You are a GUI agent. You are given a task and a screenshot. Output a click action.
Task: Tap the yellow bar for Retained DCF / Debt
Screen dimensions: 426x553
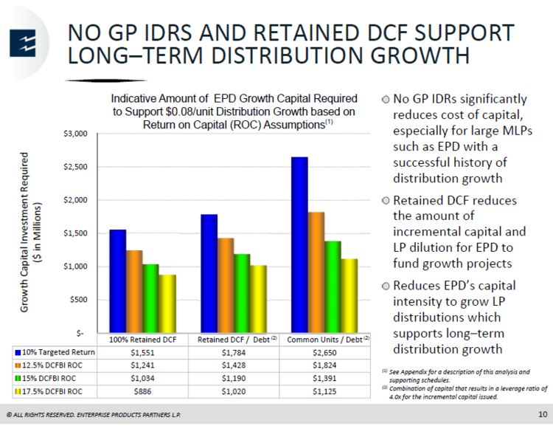(x=259, y=298)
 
